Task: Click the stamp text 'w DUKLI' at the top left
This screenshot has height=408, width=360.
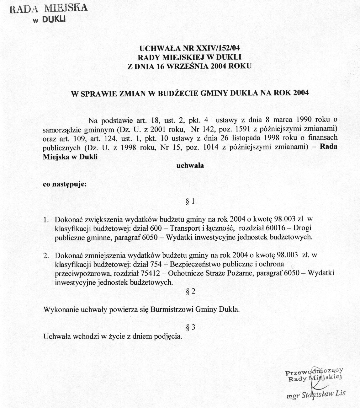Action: click(x=50, y=20)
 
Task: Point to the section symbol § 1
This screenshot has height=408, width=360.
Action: click(x=190, y=201)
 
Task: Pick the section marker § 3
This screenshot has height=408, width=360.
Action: click(x=190, y=328)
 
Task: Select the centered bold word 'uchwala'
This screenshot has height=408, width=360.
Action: click(x=190, y=165)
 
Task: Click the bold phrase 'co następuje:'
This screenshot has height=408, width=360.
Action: click(x=65, y=184)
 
